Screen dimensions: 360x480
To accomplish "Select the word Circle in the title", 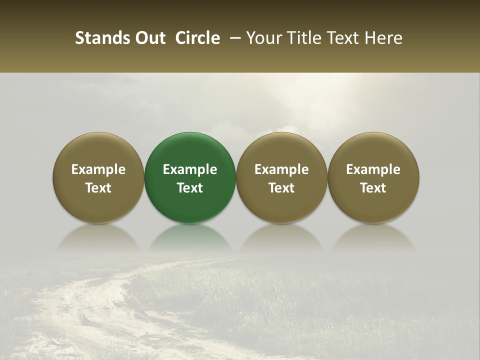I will [197, 38].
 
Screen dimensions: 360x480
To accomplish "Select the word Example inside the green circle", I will [190, 169].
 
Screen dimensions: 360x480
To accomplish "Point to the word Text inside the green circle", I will [190, 188].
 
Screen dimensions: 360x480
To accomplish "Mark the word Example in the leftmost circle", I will [98, 169].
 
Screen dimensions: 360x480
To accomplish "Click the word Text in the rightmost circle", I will [373, 188].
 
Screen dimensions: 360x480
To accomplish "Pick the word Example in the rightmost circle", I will [373, 169].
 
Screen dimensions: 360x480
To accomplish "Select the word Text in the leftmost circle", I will [98, 188].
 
